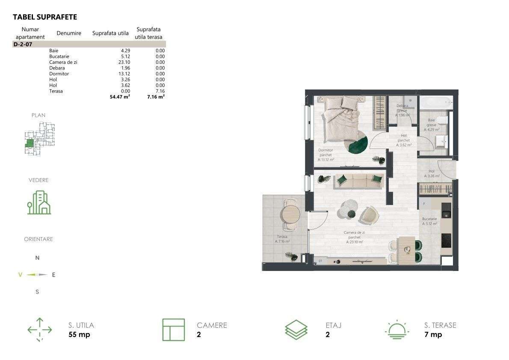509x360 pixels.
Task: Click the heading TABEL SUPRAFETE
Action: pyautogui.click(x=45, y=17)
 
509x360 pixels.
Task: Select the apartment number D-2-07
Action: pyautogui.click(x=23, y=44)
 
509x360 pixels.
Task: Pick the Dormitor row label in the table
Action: pyautogui.click(x=59, y=74)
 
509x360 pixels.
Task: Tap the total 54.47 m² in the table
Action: pyautogui.click(x=120, y=97)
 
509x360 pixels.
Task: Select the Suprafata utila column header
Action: pyautogui.click(x=110, y=33)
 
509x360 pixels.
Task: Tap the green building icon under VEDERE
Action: pyautogui.click(x=38, y=202)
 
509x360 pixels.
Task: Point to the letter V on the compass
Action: pyautogui.click(x=20, y=275)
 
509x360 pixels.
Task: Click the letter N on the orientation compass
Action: pyautogui.click(x=37, y=258)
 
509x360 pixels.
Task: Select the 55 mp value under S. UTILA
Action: pyautogui.click(x=79, y=335)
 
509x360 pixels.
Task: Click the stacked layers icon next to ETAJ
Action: pyautogui.click(x=296, y=330)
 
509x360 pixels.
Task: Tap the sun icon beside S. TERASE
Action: pyautogui.click(x=398, y=330)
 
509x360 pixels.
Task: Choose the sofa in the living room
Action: pyautogui.click(x=358, y=181)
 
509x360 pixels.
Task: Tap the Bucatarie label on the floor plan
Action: pyautogui.click(x=429, y=219)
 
